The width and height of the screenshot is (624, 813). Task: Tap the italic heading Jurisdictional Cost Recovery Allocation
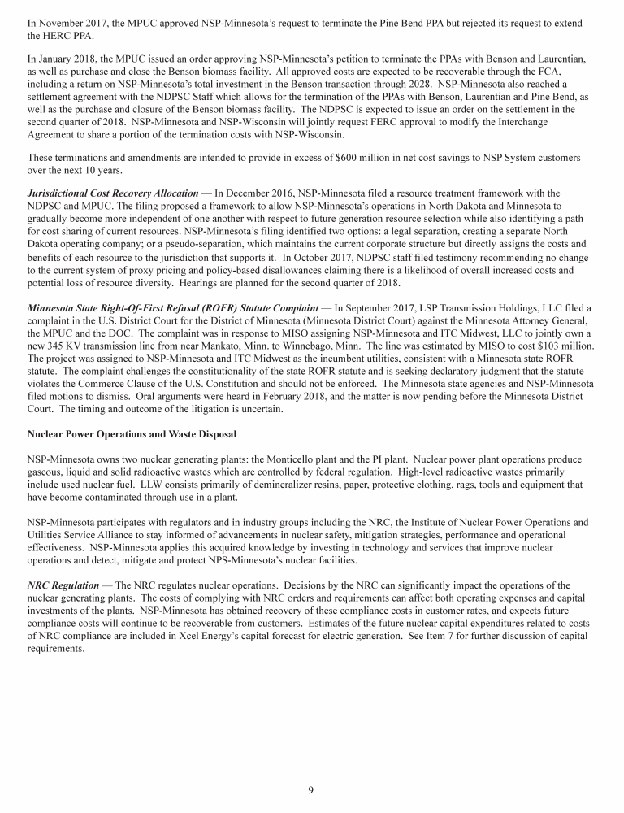(x=112, y=193)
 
